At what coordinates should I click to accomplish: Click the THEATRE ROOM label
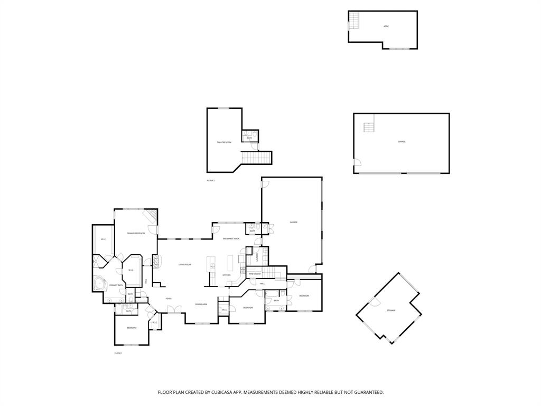point(224,143)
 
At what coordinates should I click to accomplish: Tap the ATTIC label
point(386,26)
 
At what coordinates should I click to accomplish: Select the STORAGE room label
point(391,310)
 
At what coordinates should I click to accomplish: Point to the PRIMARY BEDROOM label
point(136,233)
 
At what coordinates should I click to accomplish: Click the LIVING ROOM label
point(184,264)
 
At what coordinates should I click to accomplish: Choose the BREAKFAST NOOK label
point(231,239)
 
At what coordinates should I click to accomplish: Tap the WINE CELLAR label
point(255,274)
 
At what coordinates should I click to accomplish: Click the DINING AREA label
point(201,304)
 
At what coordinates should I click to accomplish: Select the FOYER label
point(169,299)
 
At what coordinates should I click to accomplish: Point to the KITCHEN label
point(226,275)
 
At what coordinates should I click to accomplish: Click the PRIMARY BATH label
point(116,285)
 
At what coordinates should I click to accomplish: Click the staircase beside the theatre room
point(256,158)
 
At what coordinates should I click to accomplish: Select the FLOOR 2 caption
point(211,181)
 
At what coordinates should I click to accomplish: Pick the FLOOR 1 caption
point(118,353)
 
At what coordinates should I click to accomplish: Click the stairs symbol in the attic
point(353,21)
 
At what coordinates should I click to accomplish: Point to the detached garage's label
point(402,142)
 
